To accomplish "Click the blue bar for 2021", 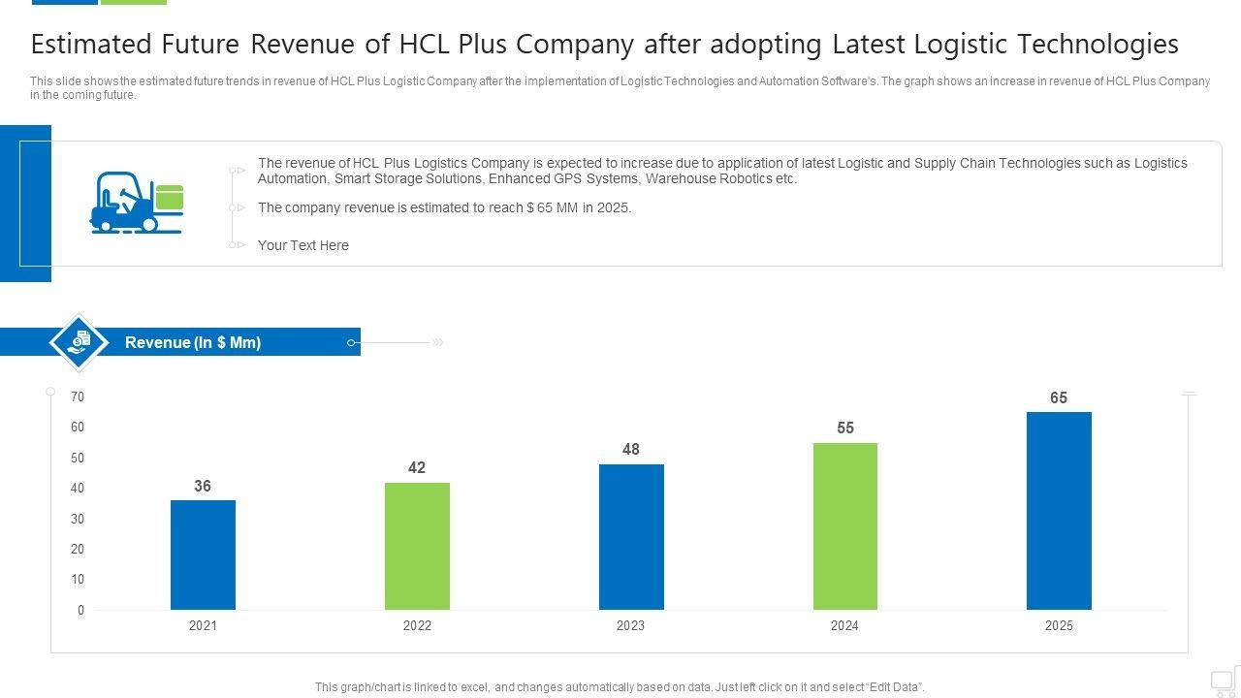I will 203,555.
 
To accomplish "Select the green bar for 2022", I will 417,546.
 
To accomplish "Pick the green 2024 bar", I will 844,526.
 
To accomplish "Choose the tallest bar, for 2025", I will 1059,511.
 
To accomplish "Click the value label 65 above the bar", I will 1059,397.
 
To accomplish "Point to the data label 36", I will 203,486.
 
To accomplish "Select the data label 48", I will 631,449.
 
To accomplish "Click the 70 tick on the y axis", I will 78,397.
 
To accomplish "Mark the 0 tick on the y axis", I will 81,610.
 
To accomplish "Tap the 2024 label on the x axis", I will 844,626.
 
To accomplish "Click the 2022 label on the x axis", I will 417,626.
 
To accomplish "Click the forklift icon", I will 136,202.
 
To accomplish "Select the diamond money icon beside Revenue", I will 79,341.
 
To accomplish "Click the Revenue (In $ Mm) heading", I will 193,342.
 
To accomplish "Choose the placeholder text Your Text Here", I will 302,245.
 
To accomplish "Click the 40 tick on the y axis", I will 78,488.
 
